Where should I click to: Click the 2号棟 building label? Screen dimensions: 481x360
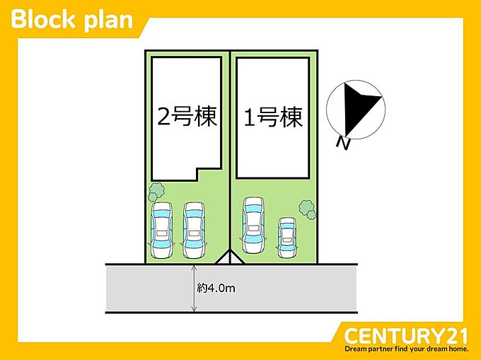[187, 117]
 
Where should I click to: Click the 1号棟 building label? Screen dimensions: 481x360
[273, 117]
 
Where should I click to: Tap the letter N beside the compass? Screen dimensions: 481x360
[343, 143]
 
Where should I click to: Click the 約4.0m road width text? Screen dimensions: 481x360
[216, 288]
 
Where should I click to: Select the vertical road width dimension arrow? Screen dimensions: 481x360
[194, 289]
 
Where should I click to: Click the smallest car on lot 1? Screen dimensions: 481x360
[287, 238]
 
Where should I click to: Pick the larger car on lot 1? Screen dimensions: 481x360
[254, 225]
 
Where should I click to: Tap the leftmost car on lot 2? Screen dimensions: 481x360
[162, 230]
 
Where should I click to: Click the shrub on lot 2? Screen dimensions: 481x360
[156, 192]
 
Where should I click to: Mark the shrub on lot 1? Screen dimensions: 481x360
[308, 209]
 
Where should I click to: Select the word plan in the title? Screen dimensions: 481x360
[108, 21]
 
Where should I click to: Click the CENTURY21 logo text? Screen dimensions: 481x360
[406, 336]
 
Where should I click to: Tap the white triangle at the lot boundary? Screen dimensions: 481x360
[230, 258]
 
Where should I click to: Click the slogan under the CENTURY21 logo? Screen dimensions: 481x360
[407, 349]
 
